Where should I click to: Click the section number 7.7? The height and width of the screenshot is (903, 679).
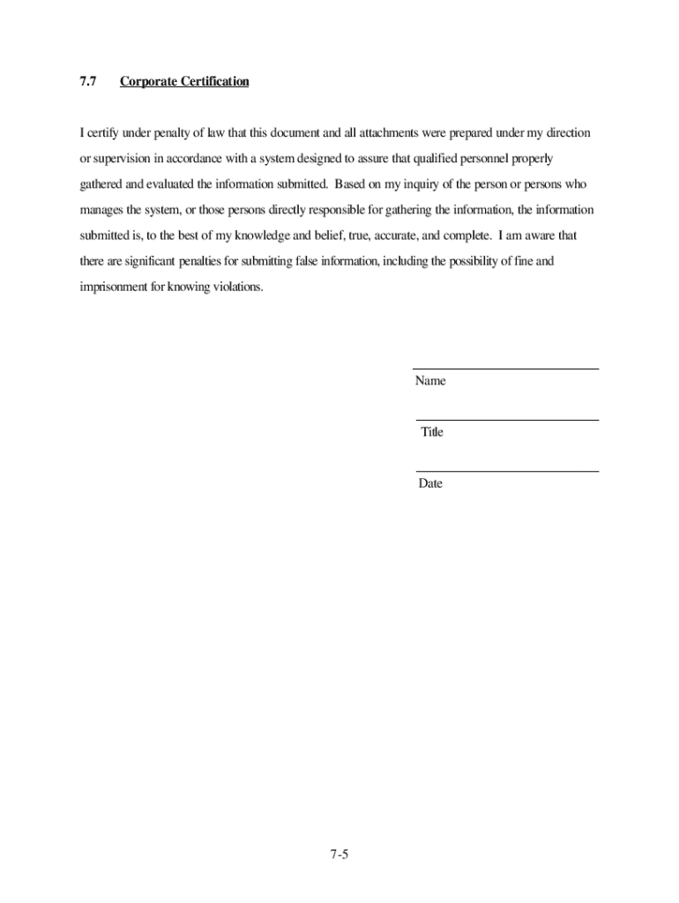pyautogui.click(x=87, y=82)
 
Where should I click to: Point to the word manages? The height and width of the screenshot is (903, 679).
pyautogui.click(x=102, y=211)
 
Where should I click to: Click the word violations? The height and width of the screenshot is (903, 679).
pyautogui.click(x=237, y=287)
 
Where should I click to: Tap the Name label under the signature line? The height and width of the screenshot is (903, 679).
pyautogui.click(x=430, y=381)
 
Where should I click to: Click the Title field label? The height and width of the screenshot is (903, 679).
pyautogui.click(x=432, y=432)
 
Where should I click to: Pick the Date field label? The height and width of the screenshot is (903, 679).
pyautogui.click(x=430, y=483)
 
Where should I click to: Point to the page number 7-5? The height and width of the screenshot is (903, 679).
pyautogui.click(x=340, y=854)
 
